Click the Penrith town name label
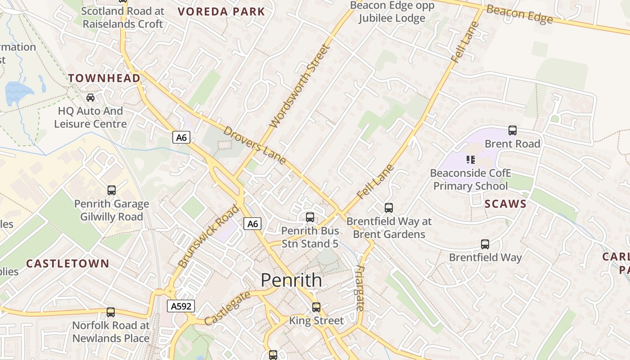292,280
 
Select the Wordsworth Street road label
300,86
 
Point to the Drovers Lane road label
254,145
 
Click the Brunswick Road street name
208,236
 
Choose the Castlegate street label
227,308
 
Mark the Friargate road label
360,288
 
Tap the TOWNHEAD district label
104,78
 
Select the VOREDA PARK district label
221,12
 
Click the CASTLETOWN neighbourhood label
67,264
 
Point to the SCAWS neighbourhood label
505,204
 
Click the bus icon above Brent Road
512,130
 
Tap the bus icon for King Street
316,307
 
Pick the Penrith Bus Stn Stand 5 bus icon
310,217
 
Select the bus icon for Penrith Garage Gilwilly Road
111,190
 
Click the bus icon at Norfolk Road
110,312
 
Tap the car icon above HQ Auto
90,97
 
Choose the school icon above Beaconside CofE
470,159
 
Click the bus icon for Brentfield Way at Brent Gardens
389,208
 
